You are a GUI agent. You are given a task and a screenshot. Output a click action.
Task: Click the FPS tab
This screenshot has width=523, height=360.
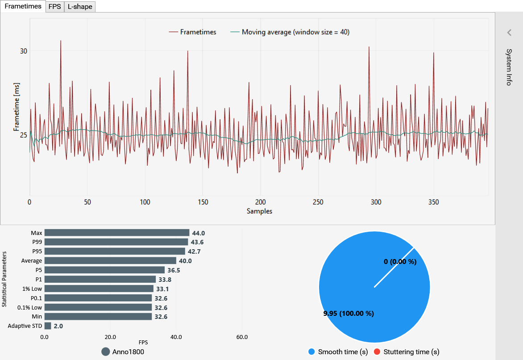click(55, 7)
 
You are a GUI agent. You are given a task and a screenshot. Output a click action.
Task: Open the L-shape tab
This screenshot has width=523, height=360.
click(80, 7)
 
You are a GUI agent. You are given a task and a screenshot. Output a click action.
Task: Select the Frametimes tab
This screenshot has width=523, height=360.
click(23, 6)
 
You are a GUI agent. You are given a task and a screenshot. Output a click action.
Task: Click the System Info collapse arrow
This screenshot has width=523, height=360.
click(509, 33)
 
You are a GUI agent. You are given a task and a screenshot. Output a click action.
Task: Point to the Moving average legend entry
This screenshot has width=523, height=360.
click(290, 32)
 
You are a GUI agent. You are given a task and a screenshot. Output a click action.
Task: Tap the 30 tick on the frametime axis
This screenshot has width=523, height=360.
click(23, 51)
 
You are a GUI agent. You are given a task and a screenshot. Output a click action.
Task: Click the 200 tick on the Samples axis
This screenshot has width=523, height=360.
click(261, 202)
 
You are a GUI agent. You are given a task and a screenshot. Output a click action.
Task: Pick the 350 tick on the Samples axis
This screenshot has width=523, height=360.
click(434, 202)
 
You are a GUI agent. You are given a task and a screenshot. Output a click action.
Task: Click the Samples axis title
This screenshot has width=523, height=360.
click(260, 211)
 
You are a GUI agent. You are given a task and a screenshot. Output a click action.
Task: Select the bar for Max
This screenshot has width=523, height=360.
click(117, 233)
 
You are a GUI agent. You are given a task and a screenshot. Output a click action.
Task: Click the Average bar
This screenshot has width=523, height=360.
click(110, 260)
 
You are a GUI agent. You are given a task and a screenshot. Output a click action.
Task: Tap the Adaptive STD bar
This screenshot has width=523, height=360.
click(48, 326)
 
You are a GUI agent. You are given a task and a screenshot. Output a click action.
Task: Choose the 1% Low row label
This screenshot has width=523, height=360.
click(32, 289)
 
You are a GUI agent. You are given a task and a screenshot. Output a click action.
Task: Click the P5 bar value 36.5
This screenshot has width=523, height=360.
click(174, 270)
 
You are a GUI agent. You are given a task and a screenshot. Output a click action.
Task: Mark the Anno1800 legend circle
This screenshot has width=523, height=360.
click(106, 352)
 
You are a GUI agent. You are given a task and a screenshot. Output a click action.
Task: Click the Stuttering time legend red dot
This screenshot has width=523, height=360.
click(377, 352)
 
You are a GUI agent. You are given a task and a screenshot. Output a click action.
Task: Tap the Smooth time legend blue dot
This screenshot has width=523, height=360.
click(311, 352)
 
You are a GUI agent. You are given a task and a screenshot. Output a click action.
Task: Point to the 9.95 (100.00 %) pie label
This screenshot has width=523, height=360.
click(349, 313)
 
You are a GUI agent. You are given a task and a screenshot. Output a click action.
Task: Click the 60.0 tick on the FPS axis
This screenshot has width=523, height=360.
click(242, 337)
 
